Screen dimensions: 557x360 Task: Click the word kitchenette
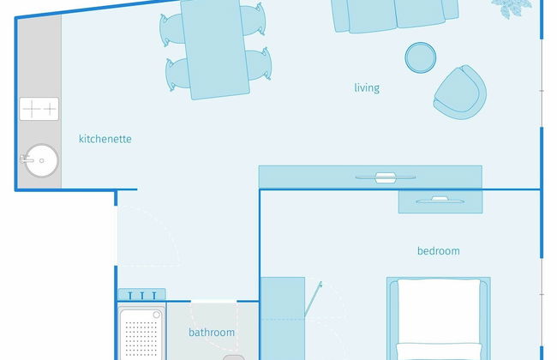click(x=105, y=139)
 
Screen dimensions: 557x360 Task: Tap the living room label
click(x=367, y=87)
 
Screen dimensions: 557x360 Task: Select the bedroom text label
click(x=439, y=251)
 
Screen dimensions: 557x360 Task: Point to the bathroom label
click(x=212, y=333)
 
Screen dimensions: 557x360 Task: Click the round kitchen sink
click(x=42, y=160)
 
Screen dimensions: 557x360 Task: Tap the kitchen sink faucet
click(x=27, y=159)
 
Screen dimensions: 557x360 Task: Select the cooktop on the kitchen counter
click(x=39, y=109)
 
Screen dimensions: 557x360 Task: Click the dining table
click(x=215, y=49)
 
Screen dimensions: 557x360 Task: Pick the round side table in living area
click(x=421, y=57)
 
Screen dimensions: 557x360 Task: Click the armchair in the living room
click(x=460, y=93)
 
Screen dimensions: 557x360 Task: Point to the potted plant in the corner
click(x=512, y=8)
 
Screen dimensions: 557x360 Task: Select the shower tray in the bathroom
click(x=141, y=333)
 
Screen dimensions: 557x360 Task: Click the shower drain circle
click(x=156, y=315)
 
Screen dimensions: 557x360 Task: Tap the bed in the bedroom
click(x=439, y=318)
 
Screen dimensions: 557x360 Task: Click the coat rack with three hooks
click(x=141, y=295)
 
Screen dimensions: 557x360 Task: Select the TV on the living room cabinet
click(x=386, y=177)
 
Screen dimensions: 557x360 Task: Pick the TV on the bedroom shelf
click(x=440, y=201)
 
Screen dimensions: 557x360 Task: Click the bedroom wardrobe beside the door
click(x=283, y=318)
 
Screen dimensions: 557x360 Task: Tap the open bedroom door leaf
click(x=313, y=299)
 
